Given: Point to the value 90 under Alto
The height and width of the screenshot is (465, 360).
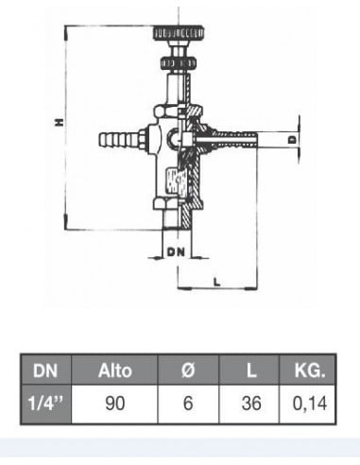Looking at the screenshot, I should click(x=114, y=403).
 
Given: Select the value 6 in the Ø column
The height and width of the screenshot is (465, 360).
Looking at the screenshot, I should click(x=187, y=403).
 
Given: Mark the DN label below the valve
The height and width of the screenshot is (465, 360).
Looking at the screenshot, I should click(x=175, y=252).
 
